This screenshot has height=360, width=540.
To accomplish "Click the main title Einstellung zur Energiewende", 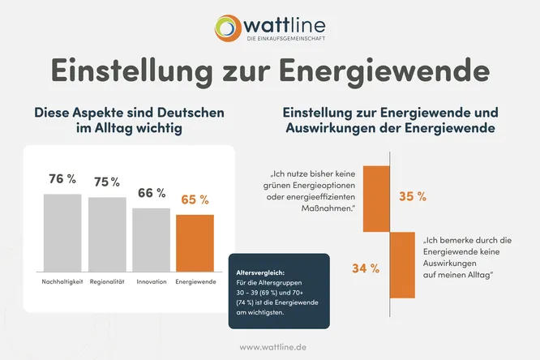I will tap(270, 70).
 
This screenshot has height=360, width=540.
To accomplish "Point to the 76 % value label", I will tap(62, 179).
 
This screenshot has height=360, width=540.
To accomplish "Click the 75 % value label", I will tap(107, 182).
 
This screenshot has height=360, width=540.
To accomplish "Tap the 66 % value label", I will tap(151, 193).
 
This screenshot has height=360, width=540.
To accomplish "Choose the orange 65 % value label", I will tap(195, 199).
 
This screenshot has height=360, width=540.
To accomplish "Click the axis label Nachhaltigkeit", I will tap(62, 281).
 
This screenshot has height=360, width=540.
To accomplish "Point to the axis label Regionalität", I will tap(107, 281).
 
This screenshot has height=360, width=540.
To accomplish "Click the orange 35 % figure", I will tap(412, 196).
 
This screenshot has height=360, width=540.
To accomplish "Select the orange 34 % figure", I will tap(364, 268).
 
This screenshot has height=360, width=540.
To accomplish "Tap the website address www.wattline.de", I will tap(270, 346).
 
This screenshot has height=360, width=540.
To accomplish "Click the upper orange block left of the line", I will tap(376, 199).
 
